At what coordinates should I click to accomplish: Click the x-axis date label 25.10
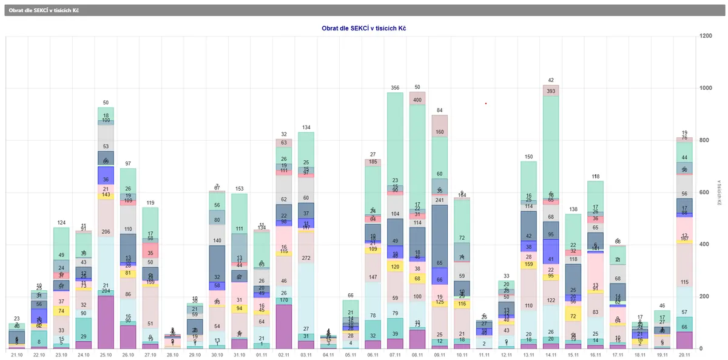(x=106, y=355)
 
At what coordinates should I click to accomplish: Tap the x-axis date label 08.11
(x=417, y=355)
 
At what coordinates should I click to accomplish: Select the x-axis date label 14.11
(x=551, y=355)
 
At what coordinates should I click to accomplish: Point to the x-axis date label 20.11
(x=684, y=355)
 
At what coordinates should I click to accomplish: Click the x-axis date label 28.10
(x=172, y=355)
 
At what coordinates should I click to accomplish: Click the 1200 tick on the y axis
(x=706, y=36)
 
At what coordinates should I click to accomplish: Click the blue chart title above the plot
(x=364, y=28)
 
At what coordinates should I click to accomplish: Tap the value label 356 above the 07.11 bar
(x=395, y=87)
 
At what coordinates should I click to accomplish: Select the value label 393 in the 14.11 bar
(x=551, y=91)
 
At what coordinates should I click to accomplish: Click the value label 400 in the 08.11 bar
(x=417, y=100)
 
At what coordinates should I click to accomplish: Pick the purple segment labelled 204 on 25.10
(x=106, y=322)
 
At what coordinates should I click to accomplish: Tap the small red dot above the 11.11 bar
(x=486, y=103)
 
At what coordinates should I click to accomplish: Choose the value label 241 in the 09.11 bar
(x=440, y=200)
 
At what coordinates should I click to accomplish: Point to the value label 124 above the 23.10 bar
(x=61, y=222)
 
